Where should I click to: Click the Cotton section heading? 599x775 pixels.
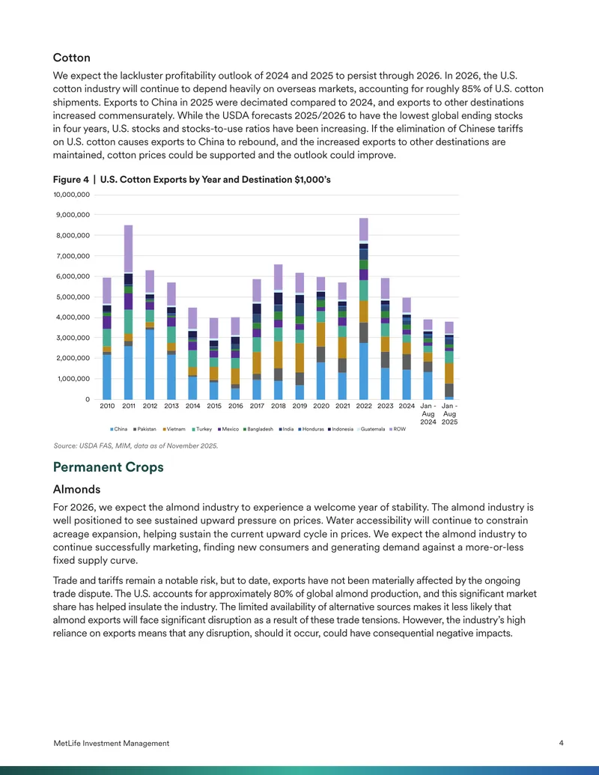[x=72, y=58]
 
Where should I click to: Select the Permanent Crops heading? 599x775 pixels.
[x=109, y=467]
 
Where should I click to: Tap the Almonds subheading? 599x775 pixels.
[x=76, y=489]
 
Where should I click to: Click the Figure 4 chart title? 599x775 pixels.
[x=192, y=180]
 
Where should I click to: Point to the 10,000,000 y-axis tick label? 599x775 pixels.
[x=72, y=195]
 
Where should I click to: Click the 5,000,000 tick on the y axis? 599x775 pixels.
[x=73, y=297]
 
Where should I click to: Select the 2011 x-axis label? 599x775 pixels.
[x=129, y=406]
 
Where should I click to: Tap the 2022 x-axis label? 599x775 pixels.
[x=364, y=406]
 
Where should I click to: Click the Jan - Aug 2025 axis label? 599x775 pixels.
[x=449, y=413]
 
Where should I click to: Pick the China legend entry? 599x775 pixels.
[x=118, y=429]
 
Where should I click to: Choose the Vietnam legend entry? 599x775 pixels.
[x=174, y=429]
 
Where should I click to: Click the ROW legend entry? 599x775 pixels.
[x=398, y=429]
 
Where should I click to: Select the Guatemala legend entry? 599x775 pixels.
[x=371, y=429]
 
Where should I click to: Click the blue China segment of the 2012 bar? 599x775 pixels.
[x=150, y=364]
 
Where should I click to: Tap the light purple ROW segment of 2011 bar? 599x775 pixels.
[x=129, y=249]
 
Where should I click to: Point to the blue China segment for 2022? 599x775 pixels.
[x=364, y=371]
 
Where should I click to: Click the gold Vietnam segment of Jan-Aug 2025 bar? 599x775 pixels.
[x=449, y=374]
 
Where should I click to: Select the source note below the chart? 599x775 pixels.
[x=136, y=446]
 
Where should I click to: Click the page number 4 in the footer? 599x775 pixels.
[x=561, y=743]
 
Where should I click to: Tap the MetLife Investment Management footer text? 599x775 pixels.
[x=112, y=744]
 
